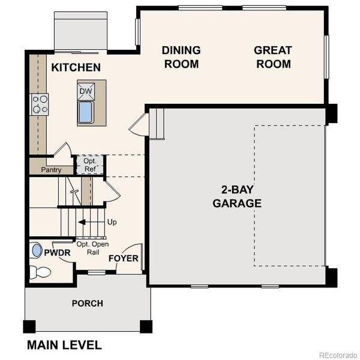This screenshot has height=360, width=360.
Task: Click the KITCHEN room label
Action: point(76,67)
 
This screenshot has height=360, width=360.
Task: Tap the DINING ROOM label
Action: point(181,57)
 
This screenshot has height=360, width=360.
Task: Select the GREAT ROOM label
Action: point(273,57)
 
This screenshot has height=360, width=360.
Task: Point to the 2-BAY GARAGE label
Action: point(237,196)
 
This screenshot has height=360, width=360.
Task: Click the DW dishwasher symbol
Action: point(85,92)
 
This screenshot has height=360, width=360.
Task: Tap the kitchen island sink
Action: point(85,112)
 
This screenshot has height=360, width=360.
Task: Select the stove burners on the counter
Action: point(40,104)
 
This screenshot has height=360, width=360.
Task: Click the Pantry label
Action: point(51,170)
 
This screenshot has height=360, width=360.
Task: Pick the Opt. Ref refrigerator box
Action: point(89,164)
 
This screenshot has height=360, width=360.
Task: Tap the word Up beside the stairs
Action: point(112,222)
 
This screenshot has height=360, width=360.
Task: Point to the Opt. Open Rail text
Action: point(92,248)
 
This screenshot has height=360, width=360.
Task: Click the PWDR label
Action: point(58,253)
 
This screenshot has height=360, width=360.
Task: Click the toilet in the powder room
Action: point(41,272)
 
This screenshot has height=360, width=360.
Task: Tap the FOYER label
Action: point(124,259)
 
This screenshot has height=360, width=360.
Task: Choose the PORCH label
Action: point(87,304)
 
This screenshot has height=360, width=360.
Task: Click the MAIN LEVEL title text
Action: point(64,345)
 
